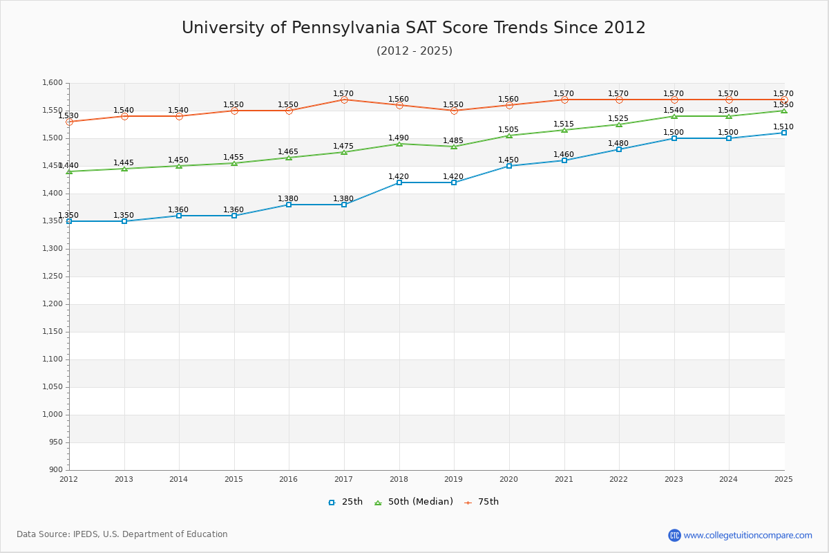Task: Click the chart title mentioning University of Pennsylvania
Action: [x=413, y=28]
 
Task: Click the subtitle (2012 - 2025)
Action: [x=414, y=51]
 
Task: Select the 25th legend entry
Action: [x=345, y=502]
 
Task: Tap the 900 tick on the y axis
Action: [x=55, y=470]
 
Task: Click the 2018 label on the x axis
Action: [x=399, y=479]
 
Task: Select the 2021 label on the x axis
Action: [x=564, y=479]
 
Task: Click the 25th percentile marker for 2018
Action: [x=399, y=182]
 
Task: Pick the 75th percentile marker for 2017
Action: [x=344, y=100]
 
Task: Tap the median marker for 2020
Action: [x=509, y=135]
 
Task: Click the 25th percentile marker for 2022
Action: [x=619, y=149]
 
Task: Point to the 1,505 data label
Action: [x=508, y=130]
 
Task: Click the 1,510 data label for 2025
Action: [x=783, y=127]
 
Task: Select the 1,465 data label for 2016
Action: [x=289, y=152]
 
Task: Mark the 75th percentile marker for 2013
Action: [x=124, y=116]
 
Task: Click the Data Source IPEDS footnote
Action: [x=122, y=534]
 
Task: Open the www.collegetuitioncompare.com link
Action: [x=747, y=535]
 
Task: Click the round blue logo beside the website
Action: [x=674, y=535]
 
